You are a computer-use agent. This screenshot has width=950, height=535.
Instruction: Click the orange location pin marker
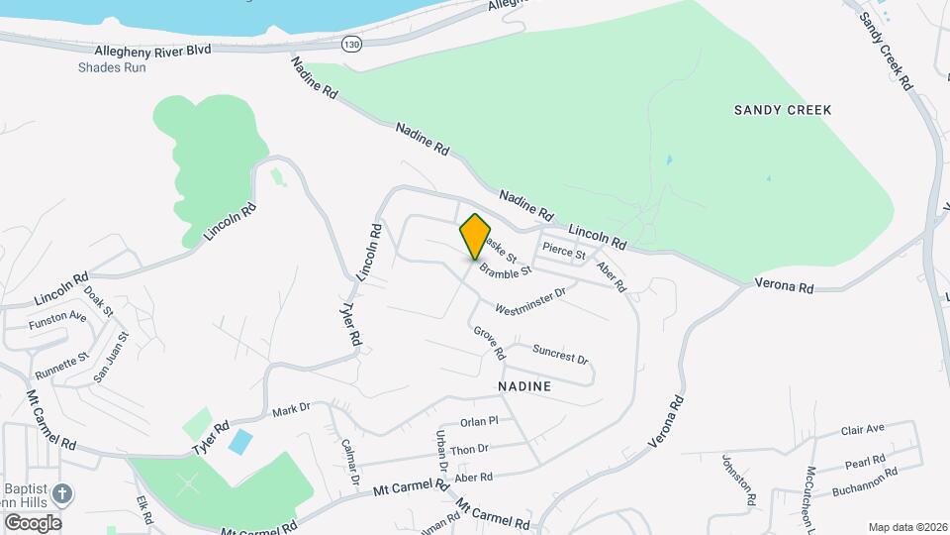click(x=475, y=236)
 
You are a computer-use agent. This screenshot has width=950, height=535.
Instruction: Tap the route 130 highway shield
click(x=350, y=44)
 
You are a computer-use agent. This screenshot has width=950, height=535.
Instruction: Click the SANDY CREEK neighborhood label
click(x=783, y=110)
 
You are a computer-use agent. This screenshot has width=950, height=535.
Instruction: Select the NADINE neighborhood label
click(x=523, y=383)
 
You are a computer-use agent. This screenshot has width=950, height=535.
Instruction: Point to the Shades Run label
click(x=112, y=67)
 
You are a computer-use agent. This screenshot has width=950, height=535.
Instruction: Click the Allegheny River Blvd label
click(x=153, y=50)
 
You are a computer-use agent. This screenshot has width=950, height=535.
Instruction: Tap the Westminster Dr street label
click(x=530, y=298)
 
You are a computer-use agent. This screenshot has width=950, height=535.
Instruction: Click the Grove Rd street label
click(x=490, y=343)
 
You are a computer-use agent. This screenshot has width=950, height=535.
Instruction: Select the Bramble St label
click(x=506, y=268)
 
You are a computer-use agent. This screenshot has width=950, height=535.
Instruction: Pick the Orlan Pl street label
click(x=479, y=421)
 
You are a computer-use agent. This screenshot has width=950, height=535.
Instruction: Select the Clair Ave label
click(x=861, y=430)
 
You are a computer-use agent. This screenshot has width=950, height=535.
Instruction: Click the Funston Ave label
click(x=57, y=317)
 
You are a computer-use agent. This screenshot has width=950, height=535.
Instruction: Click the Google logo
click(x=32, y=522)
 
